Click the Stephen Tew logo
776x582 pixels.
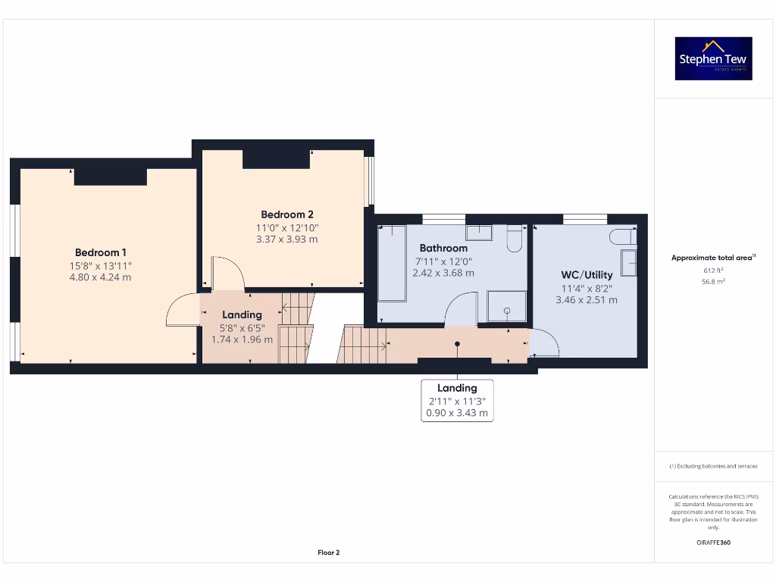point(713,58)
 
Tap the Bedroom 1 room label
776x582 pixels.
point(101,252)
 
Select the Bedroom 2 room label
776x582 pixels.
point(287,214)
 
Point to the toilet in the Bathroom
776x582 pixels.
point(514,239)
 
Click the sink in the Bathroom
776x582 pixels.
point(478,232)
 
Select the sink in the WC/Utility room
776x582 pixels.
point(628,263)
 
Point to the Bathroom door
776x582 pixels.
point(459,311)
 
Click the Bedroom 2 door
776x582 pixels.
point(227,273)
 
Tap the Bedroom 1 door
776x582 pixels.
point(182,311)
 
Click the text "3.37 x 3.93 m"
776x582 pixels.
point(287,239)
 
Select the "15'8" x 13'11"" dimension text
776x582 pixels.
point(101,265)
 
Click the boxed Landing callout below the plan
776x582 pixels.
point(457,401)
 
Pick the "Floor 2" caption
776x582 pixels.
point(328,552)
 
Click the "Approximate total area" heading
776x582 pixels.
point(713,258)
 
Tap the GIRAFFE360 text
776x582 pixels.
point(713,543)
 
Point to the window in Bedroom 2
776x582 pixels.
point(369,181)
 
